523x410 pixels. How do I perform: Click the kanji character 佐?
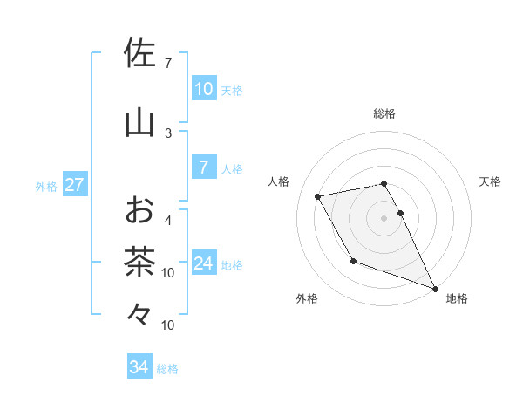point(140,54)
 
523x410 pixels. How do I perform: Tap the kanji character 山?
point(140,123)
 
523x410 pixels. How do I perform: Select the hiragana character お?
point(140,210)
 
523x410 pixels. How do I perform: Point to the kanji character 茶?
point(140,261)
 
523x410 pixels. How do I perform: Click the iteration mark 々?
point(140,312)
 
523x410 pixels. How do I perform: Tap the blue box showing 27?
point(74,185)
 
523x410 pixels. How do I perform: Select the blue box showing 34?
point(139,367)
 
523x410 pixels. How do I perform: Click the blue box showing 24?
point(204,263)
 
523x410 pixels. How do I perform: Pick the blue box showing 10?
point(204,89)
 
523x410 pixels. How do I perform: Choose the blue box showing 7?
point(204,167)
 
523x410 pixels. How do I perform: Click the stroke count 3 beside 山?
point(168,133)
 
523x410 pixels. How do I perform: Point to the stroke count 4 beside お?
point(168,220)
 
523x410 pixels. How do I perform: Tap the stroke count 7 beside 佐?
point(168,64)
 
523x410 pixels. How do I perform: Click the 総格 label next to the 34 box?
point(168,369)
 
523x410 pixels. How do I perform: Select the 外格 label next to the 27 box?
point(46,186)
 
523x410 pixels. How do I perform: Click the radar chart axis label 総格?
point(384,113)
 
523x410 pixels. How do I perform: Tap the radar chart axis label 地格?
point(457,298)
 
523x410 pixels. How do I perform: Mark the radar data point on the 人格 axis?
point(318,197)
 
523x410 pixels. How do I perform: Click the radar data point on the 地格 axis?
point(436,289)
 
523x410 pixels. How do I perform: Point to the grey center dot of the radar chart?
point(384,217)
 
